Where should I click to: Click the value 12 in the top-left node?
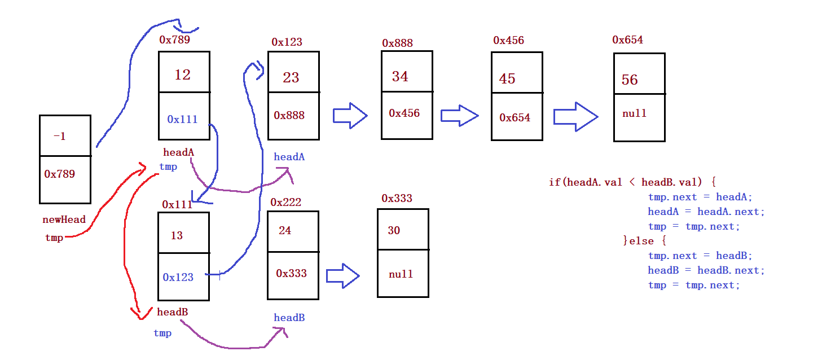pyautogui.click(x=182, y=74)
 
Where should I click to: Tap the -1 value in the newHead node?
pyautogui.click(x=59, y=136)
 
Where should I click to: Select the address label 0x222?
pyautogui.click(x=285, y=202)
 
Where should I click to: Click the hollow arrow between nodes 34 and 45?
pyautogui.click(x=459, y=116)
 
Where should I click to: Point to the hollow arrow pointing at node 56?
pyautogui.click(x=575, y=117)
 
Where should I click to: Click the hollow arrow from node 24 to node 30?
pyautogui.click(x=342, y=275)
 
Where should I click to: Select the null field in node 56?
pyautogui.click(x=634, y=113)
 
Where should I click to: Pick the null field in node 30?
pyautogui.click(x=401, y=274)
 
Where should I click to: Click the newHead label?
pyautogui.click(x=64, y=219)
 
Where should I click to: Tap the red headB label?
pyautogui.click(x=172, y=312)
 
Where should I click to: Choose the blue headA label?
pyautogui.click(x=289, y=157)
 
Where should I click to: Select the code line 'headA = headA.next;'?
pyautogui.click(x=706, y=212)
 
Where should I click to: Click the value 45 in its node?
pyautogui.click(x=507, y=78)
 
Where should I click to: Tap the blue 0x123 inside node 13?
pyautogui.click(x=178, y=277)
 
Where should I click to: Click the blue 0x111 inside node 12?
pyautogui.click(x=182, y=119)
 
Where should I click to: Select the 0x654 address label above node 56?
pyautogui.click(x=627, y=40)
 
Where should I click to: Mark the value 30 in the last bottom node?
pyautogui.click(x=394, y=230)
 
